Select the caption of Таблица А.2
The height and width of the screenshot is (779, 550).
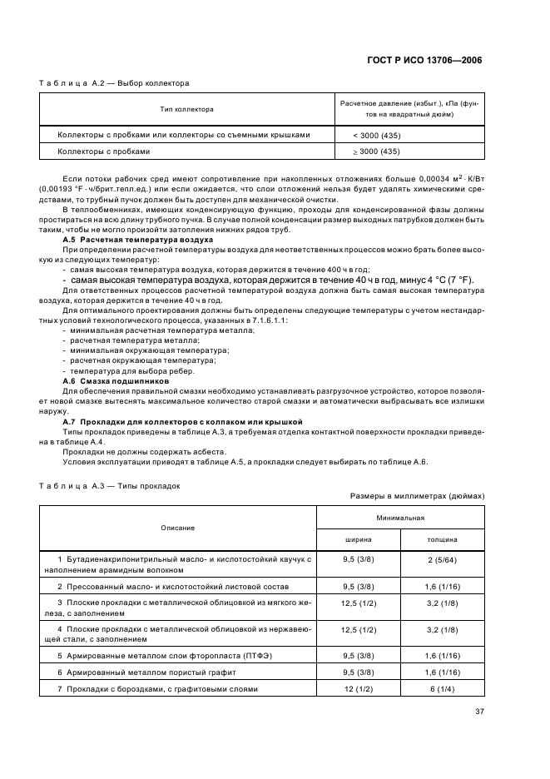(114, 83)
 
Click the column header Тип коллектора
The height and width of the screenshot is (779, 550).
(187, 109)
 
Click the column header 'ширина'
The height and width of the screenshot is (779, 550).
(359, 539)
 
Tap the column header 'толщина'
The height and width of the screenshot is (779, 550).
(442, 539)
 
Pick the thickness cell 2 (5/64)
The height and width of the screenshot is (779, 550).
(442, 559)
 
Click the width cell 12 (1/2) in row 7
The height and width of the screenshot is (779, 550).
(359, 689)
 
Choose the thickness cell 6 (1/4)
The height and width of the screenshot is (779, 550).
(442, 689)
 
